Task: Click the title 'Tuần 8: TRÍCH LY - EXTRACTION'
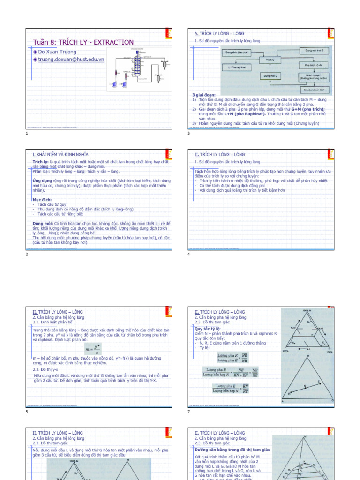[83, 42]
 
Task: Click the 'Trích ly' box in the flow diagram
[270, 60]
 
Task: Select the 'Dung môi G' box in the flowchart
[270, 75]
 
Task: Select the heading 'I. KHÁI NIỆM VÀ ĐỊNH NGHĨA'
[60, 154]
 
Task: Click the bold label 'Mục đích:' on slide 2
[42, 199]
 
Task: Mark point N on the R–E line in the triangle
[305, 385]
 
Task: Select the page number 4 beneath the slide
[188, 254]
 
